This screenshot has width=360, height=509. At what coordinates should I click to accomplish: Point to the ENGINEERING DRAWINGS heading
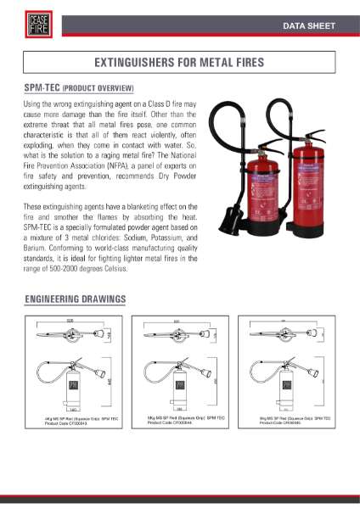(x=76, y=299)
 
